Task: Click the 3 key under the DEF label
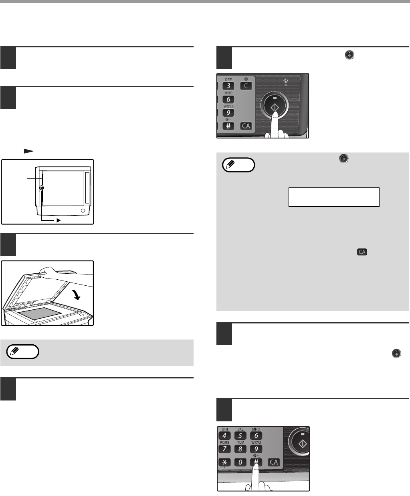point(228,86)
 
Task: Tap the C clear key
point(246,86)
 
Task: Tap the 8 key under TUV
point(240,449)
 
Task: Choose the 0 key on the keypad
point(240,462)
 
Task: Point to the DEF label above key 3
point(228,80)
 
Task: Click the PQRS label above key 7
point(224,442)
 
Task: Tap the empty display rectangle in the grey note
point(334,197)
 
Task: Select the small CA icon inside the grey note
point(362,252)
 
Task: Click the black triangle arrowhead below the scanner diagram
point(59,220)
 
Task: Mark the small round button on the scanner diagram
point(83,211)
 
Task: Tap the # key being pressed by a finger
point(256,462)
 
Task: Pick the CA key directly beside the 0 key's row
point(274,462)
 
